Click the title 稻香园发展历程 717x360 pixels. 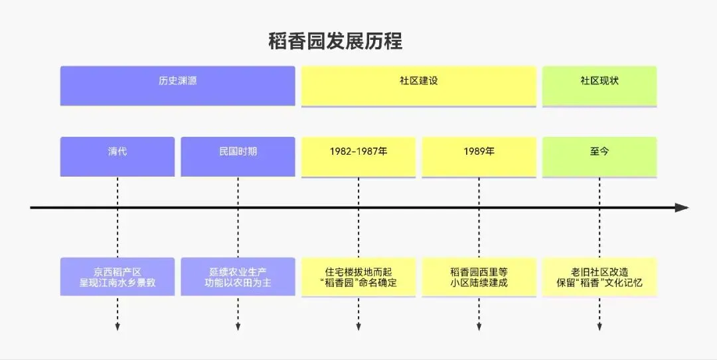coord(335,41)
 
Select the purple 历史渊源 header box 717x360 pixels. coord(177,85)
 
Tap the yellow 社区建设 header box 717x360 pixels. coord(418,85)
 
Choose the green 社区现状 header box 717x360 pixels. coord(599,85)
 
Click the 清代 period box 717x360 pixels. coord(118,156)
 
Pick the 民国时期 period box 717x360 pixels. coord(238,156)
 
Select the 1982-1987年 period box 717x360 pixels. coord(358,156)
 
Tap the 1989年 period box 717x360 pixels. coord(479,156)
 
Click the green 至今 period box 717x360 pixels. coord(599,156)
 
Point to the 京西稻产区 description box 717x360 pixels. coord(118,277)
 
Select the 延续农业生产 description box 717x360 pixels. coord(238,277)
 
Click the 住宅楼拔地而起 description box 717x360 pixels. coord(358,277)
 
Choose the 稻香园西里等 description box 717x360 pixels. coord(479,277)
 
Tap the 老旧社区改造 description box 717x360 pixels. coord(599,277)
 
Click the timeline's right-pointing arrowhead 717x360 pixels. coord(682,208)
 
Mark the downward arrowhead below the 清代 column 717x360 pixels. coord(118,326)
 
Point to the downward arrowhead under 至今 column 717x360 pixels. coord(599,326)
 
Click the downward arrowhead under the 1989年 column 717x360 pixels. coord(479,326)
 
